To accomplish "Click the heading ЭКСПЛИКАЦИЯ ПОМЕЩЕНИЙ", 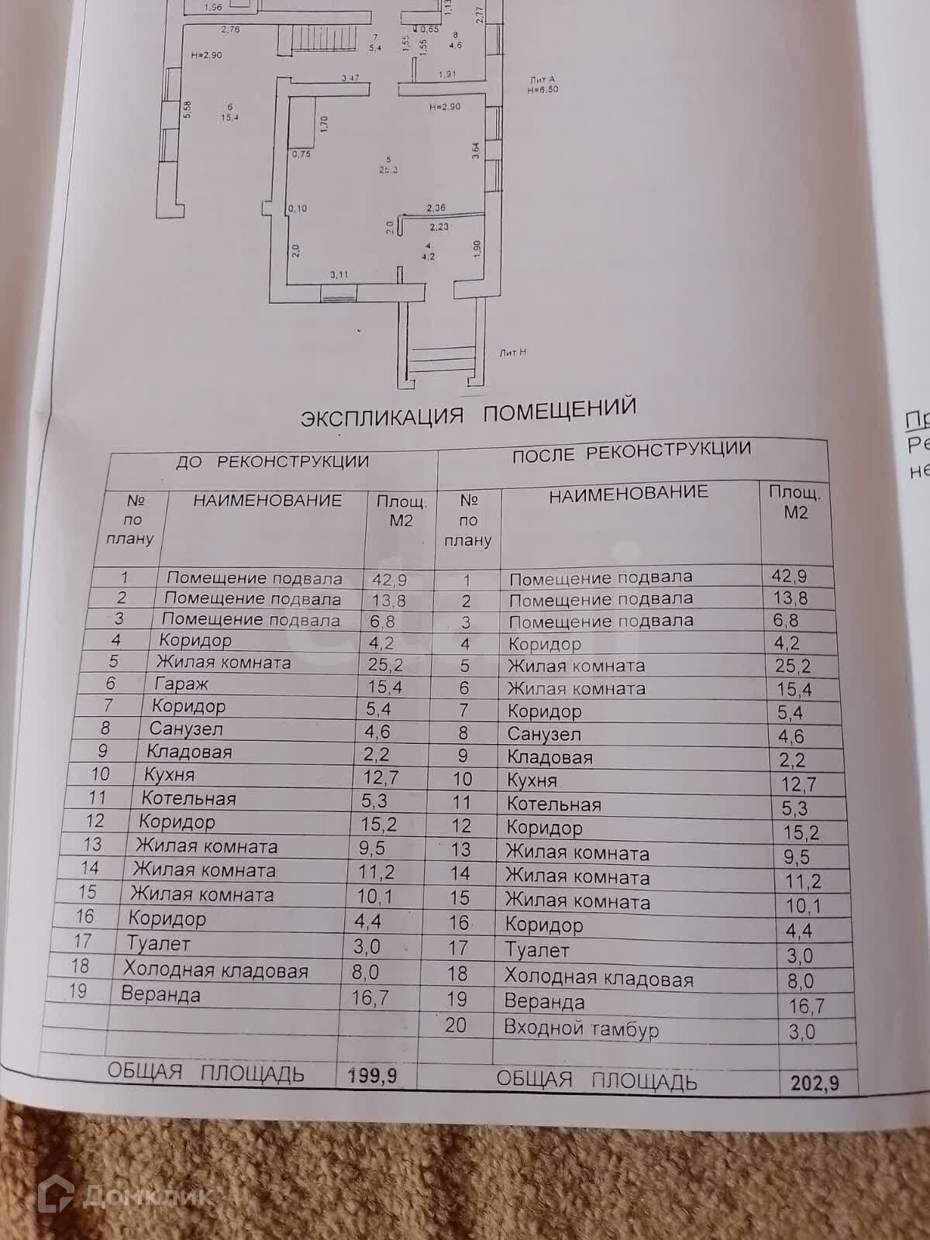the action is pyautogui.click(x=468, y=412).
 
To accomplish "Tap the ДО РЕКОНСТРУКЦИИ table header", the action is pyautogui.click(x=272, y=462).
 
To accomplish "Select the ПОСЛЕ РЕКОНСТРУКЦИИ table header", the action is pyautogui.click(x=631, y=451).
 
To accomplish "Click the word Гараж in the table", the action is pyautogui.click(x=180, y=684).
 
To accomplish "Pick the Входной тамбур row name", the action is pyautogui.click(x=581, y=1028).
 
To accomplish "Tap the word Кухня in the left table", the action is pyautogui.click(x=169, y=775).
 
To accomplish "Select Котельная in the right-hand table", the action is pyautogui.click(x=553, y=804).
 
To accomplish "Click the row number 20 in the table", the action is pyautogui.click(x=456, y=1025).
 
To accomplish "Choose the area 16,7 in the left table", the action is pyautogui.click(x=370, y=997).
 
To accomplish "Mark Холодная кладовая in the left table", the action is pyautogui.click(x=215, y=970).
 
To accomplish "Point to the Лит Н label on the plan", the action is pyautogui.click(x=513, y=352).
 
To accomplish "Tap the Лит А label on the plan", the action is pyautogui.click(x=542, y=80).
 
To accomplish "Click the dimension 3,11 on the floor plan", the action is pyautogui.click(x=339, y=274).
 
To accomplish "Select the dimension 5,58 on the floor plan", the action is pyautogui.click(x=187, y=111).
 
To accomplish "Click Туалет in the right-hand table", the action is pyautogui.click(x=537, y=949).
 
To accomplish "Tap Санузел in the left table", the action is pyautogui.click(x=186, y=729).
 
